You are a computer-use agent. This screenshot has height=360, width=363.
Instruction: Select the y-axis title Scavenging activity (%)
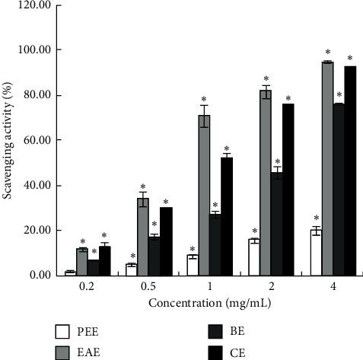(x=9, y=140)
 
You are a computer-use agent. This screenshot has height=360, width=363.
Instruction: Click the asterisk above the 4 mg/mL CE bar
(x=350, y=58)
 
